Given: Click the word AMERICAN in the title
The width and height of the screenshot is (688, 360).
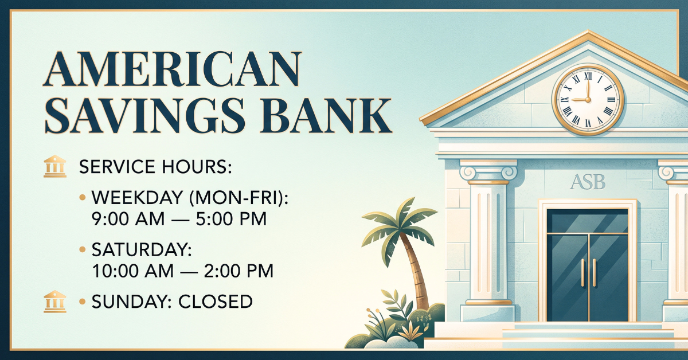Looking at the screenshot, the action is point(173,69).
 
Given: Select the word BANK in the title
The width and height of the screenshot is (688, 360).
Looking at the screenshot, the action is point(326,115).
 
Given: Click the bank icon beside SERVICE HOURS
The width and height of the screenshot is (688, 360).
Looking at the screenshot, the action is point(55,166).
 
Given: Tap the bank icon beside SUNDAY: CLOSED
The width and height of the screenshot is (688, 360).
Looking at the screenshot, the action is point(55,302).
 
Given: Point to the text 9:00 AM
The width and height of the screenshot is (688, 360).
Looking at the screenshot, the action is point(128,220).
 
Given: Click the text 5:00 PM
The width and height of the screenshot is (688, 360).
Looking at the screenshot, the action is point(231,220).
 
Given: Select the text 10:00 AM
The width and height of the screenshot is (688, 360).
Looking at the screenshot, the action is point(132,271).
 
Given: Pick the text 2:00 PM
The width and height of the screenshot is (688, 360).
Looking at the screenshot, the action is point(239,271).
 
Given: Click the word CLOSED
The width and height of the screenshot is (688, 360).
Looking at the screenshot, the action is point(216,302).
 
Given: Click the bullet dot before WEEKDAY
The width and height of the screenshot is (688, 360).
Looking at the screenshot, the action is point(83,197).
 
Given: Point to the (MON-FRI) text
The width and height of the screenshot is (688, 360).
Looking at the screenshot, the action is point(239,198).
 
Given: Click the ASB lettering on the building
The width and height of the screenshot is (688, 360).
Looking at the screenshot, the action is point(588,182).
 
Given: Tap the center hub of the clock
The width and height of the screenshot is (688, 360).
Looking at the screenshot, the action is point(588,100).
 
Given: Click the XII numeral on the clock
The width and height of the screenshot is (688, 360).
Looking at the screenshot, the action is point(588,76).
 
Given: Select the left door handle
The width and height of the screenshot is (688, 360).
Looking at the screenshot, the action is point(583,273).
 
